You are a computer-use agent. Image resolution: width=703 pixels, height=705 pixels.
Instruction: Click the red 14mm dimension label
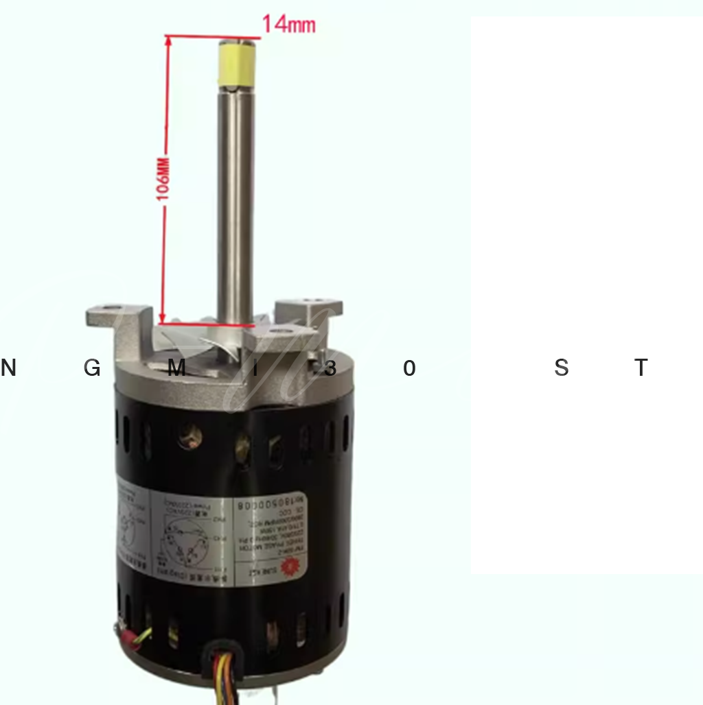[288, 25]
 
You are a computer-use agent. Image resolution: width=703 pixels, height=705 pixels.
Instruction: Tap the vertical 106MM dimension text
[163, 180]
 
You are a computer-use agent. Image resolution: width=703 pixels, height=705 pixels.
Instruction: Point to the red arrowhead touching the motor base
[163, 317]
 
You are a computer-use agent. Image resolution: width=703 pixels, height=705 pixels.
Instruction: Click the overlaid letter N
[8, 368]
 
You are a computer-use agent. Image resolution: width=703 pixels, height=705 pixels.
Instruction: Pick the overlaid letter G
[92, 368]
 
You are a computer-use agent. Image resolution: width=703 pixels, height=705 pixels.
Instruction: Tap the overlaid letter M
[176, 368]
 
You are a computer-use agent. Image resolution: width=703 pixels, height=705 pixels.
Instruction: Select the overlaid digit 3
[330, 368]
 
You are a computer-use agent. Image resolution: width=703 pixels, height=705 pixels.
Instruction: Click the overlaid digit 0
[409, 368]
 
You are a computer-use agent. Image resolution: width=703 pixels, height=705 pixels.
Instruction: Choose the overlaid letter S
[561, 368]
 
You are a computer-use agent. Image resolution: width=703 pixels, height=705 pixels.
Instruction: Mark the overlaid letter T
[641, 368]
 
